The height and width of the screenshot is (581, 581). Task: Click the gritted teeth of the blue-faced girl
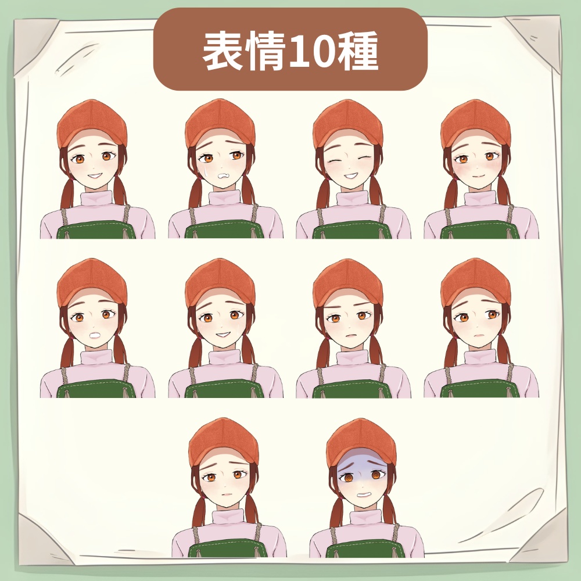click(x=363, y=494)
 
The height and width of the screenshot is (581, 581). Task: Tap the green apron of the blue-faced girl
click(x=366, y=550)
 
